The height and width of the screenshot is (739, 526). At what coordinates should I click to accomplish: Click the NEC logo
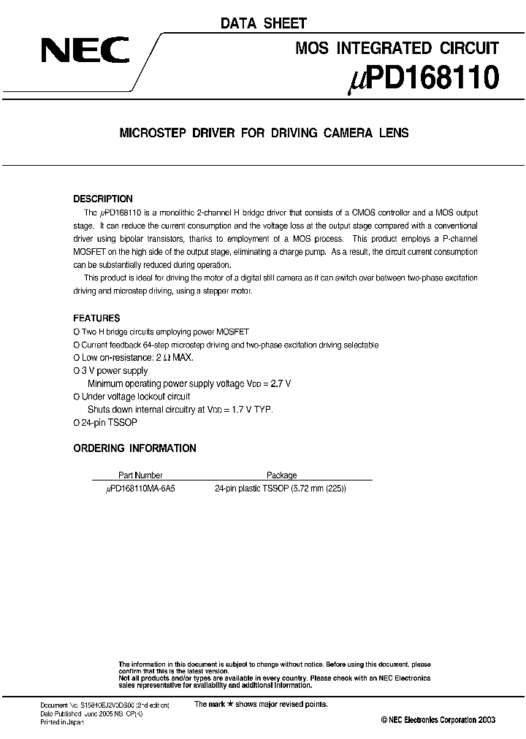coord(85,50)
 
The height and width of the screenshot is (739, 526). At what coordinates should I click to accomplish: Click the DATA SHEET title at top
coord(264,23)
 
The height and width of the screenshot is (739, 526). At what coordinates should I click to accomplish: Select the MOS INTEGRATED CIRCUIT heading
coord(397,48)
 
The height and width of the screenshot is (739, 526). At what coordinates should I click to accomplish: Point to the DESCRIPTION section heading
coord(103,199)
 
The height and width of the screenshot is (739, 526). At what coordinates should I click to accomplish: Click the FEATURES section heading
coord(96,318)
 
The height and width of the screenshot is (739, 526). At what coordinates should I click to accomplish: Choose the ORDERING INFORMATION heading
coord(134,448)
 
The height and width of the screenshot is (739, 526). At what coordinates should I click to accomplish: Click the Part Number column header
coord(140,475)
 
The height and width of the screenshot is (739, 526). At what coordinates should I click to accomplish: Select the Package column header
coord(281,475)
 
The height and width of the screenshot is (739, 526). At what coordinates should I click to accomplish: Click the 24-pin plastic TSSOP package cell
coord(280,488)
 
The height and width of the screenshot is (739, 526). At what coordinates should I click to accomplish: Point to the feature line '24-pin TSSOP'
coord(109,423)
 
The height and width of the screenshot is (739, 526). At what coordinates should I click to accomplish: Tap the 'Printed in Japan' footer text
coord(61,721)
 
